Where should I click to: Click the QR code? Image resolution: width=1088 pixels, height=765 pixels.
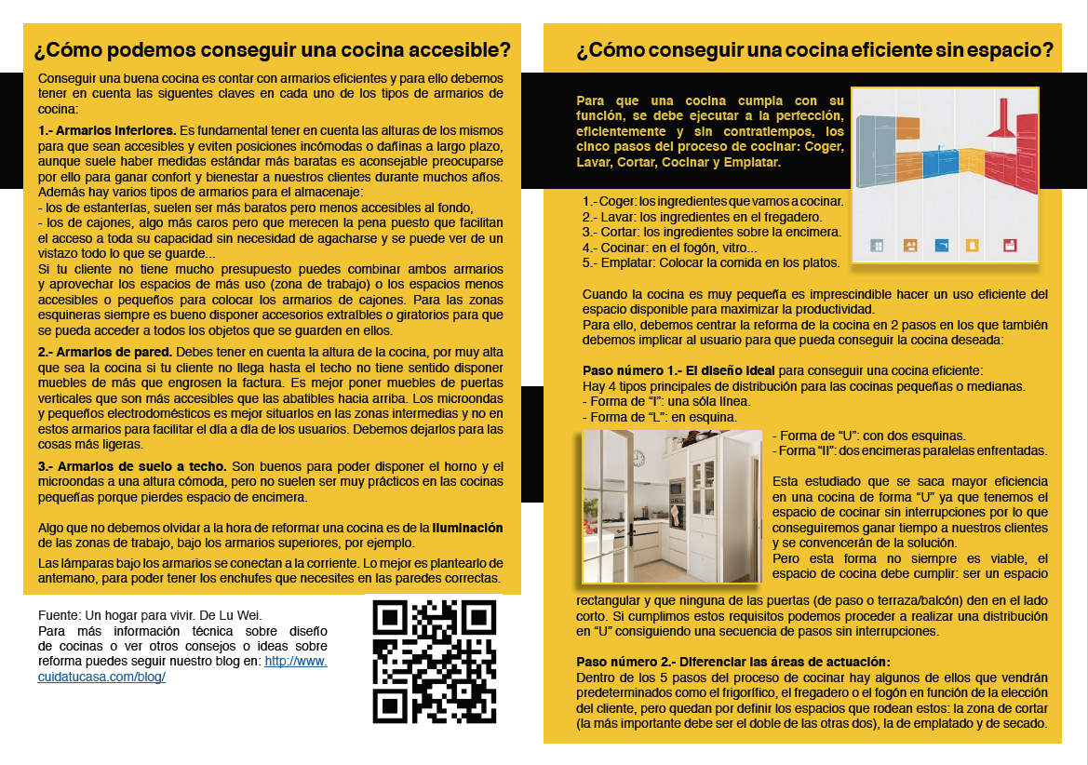(435, 662)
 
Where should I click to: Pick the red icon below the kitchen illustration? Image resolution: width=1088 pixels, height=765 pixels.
(1009, 246)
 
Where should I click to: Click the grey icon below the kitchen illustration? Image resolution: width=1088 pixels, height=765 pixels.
(876, 246)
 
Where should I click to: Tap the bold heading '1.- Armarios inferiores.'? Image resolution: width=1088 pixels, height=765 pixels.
(107, 131)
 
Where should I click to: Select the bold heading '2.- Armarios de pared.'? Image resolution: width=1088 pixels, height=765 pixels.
(105, 353)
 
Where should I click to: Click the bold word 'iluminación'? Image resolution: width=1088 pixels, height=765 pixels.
(468, 528)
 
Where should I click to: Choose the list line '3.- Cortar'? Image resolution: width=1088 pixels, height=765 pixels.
(711, 232)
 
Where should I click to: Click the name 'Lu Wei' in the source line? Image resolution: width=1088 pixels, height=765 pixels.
(243, 615)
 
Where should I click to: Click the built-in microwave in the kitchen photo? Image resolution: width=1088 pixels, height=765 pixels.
(676, 490)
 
